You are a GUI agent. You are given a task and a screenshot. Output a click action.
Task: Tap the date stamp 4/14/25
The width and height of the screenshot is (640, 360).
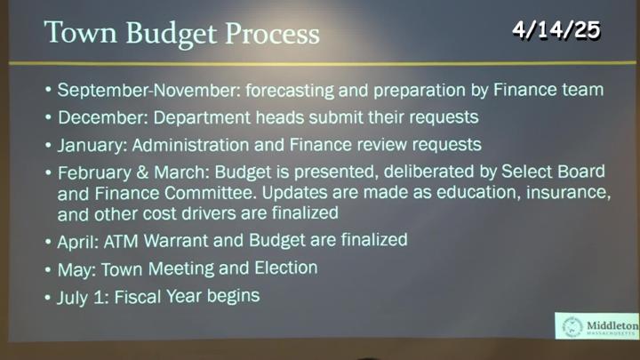[x=556, y=29]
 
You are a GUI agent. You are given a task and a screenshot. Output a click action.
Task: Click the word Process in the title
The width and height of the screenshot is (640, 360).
[x=272, y=33]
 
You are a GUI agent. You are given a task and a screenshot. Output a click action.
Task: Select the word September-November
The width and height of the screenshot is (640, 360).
[x=148, y=91]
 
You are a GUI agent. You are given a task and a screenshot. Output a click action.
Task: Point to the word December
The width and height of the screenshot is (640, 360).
[x=102, y=117]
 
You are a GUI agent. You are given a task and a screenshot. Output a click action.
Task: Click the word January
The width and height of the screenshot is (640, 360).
[x=92, y=146]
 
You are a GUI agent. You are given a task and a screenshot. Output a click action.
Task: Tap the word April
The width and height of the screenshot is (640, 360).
[x=78, y=242]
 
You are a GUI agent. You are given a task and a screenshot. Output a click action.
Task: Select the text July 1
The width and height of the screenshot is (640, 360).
[x=83, y=297]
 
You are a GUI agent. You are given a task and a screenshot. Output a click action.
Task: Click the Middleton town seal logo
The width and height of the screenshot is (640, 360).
[x=572, y=326]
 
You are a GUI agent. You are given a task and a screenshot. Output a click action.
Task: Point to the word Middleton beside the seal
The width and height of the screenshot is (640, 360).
[x=612, y=325]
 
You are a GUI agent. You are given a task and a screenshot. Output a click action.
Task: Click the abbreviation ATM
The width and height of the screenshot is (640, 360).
[x=121, y=242]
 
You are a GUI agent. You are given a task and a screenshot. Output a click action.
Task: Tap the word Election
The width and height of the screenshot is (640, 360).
[x=285, y=268]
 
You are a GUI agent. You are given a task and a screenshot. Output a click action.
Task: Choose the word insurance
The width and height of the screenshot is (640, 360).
[x=568, y=192]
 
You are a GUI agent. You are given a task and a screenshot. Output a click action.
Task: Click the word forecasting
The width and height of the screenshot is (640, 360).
[x=290, y=91]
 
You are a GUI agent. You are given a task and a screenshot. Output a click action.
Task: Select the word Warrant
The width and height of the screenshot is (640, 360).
[x=176, y=241]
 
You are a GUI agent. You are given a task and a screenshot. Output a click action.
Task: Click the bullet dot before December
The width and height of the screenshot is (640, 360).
[x=48, y=118]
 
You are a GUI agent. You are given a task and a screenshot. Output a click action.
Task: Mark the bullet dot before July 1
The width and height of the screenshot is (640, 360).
[x=48, y=298]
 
